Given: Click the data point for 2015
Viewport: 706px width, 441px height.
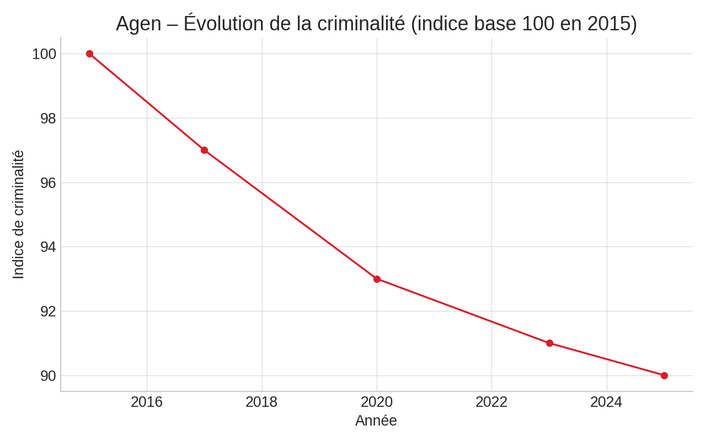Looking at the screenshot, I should click(89, 54).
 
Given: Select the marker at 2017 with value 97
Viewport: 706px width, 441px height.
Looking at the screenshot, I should click(204, 150).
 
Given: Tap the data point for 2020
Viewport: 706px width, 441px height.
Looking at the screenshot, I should click(377, 279).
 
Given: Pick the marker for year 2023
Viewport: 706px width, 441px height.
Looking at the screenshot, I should click(549, 343).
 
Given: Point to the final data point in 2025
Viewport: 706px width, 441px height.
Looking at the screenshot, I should click(664, 375).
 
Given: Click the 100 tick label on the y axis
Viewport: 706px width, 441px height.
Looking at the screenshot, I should click(44, 54).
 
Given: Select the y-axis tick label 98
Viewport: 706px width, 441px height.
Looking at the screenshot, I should click(48, 119).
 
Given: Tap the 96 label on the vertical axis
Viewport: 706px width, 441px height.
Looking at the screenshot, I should click(48, 182).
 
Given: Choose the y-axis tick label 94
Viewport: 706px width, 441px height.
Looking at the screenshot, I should click(48, 247).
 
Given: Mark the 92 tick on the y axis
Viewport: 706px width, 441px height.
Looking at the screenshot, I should click(48, 311).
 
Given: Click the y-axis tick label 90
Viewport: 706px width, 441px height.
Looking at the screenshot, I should click(48, 376).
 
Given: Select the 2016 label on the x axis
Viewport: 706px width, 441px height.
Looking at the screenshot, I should click(147, 402).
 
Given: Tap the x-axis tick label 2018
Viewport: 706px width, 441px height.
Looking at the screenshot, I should click(261, 402).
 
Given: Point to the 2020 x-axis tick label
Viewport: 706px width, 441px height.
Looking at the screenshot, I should click(377, 402).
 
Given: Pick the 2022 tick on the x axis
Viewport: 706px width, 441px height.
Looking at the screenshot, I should click(491, 402).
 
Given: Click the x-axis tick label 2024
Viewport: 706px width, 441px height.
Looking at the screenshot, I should click(606, 402).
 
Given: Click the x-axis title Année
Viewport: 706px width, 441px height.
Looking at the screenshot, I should click(376, 421).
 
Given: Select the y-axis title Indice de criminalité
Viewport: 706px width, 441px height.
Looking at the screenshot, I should click(18, 214).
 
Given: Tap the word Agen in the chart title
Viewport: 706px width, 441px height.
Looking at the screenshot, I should click(138, 24).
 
